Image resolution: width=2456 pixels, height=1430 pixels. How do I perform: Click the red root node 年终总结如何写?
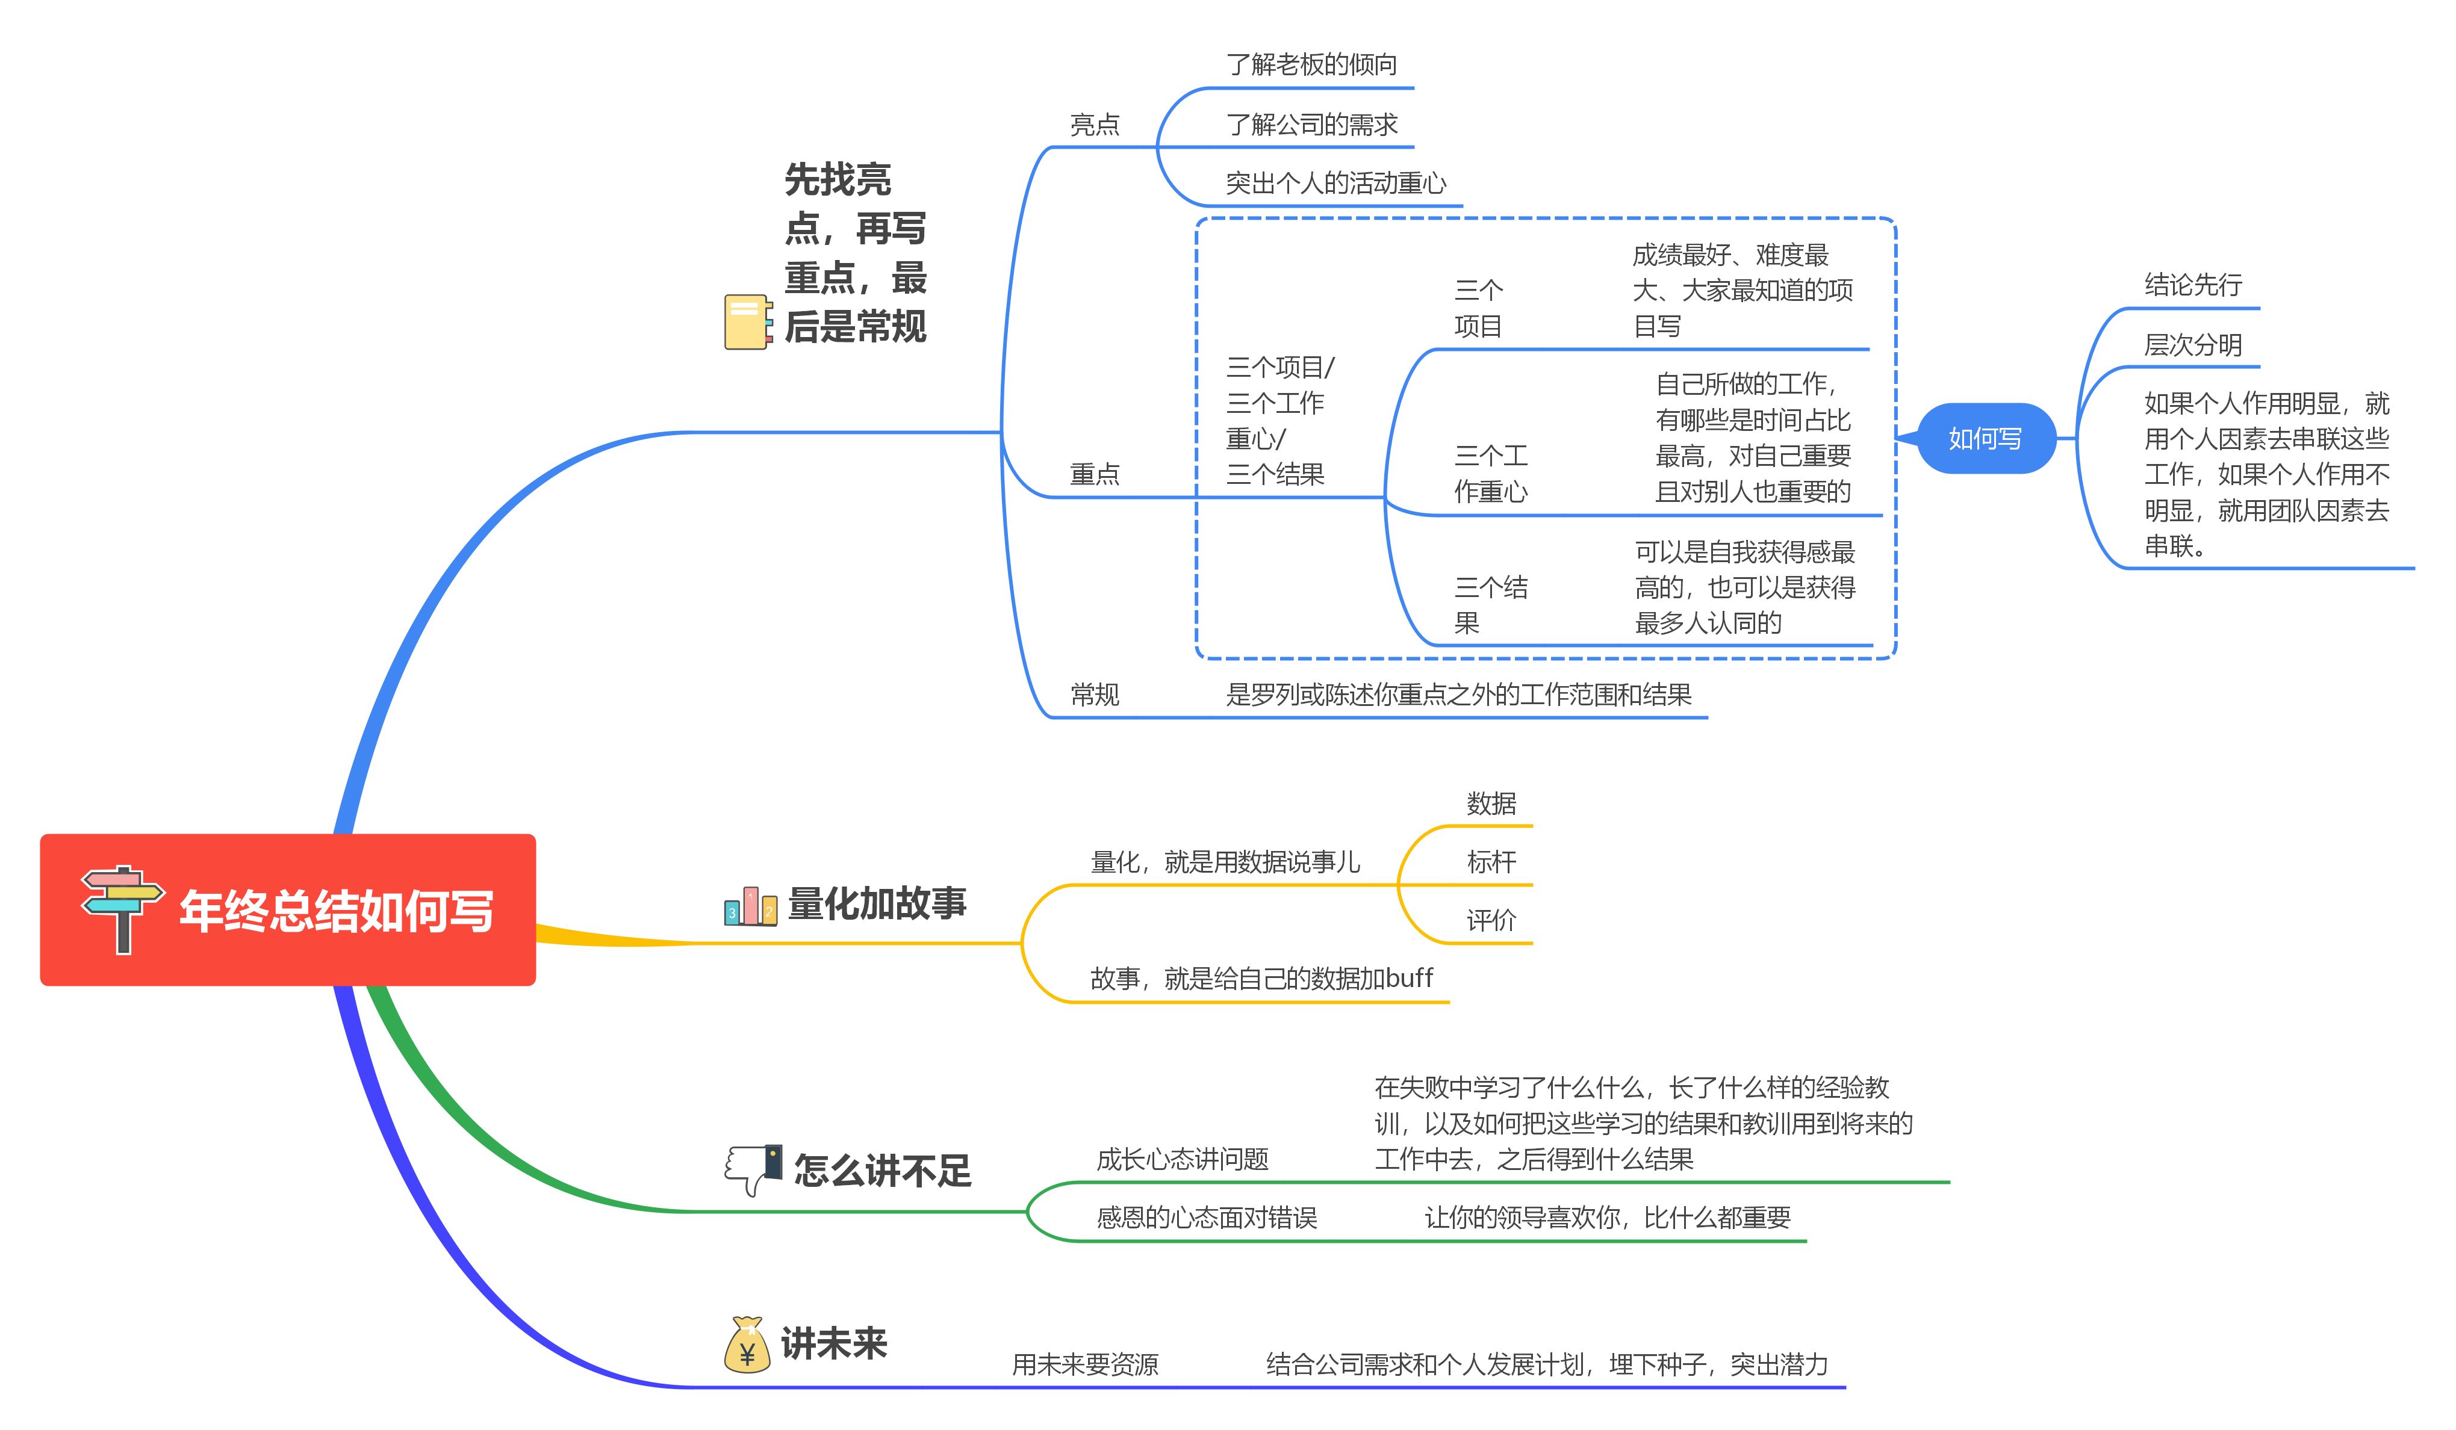(x=288, y=910)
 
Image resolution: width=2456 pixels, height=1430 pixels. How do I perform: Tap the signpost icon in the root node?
(x=122, y=908)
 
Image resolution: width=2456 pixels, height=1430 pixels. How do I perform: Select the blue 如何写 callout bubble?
(x=1985, y=438)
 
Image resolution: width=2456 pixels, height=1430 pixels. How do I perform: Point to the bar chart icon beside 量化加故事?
(x=750, y=906)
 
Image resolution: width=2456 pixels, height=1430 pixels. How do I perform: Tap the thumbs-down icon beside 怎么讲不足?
(x=753, y=1168)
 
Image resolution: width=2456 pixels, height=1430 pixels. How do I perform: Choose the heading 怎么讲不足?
(x=882, y=1170)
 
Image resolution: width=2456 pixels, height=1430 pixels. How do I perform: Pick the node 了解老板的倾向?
(x=1311, y=64)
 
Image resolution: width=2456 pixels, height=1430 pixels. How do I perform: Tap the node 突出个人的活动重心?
(x=1335, y=183)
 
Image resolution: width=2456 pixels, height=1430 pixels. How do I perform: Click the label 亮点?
(x=1095, y=125)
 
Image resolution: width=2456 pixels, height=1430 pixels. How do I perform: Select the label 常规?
(x=1095, y=695)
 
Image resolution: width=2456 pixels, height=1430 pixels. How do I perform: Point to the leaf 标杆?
(x=1491, y=862)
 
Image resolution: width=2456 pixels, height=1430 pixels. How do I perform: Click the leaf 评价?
(x=1491, y=921)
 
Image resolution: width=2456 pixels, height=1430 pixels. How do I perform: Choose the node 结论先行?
(x=2193, y=285)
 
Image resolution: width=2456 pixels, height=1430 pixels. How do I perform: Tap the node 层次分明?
(x=2193, y=345)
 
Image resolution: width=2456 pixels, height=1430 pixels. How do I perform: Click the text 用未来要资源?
(x=1085, y=1365)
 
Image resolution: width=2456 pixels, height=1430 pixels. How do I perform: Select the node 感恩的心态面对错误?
(x=1207, y=1218)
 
